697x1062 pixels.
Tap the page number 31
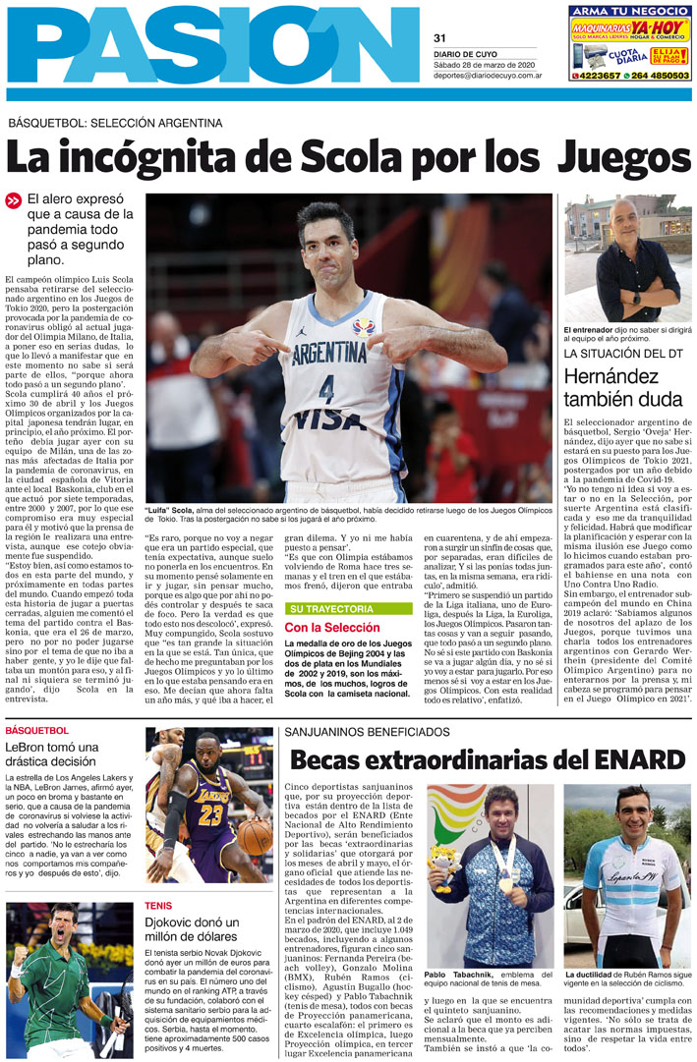(x=440, y=38)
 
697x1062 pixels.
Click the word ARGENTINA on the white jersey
(x=329, y=352)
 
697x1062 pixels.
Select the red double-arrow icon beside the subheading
(x=13, y=200)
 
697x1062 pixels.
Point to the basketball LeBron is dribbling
(x=255, y=836)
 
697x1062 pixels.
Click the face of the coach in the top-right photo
(x=624, y=224)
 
